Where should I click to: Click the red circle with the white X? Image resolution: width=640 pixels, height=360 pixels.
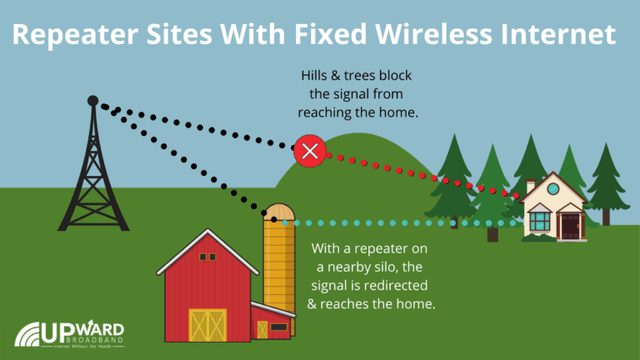point(309,151)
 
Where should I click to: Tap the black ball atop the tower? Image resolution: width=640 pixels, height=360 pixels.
point(92,101)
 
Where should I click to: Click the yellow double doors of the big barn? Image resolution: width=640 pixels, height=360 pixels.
point(207,325)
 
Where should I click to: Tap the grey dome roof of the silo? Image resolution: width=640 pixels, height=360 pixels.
point(279,211)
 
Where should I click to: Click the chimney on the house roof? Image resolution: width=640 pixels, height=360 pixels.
point(531,184)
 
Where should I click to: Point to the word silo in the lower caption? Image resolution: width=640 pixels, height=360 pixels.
point(394,267)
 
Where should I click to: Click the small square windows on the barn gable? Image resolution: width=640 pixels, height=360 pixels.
point(207,257)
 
